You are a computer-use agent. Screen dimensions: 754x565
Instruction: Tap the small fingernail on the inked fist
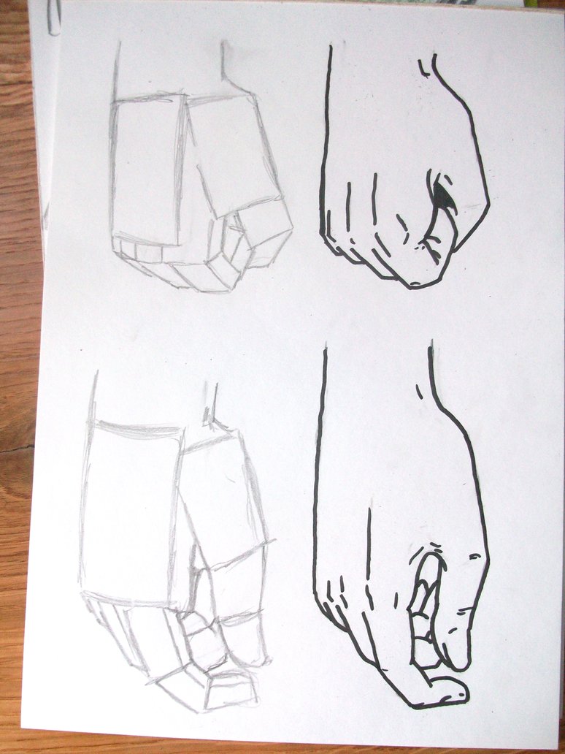415,282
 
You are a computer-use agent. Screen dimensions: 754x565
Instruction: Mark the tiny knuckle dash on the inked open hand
475,556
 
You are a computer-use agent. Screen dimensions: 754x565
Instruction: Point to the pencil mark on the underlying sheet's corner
53,26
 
